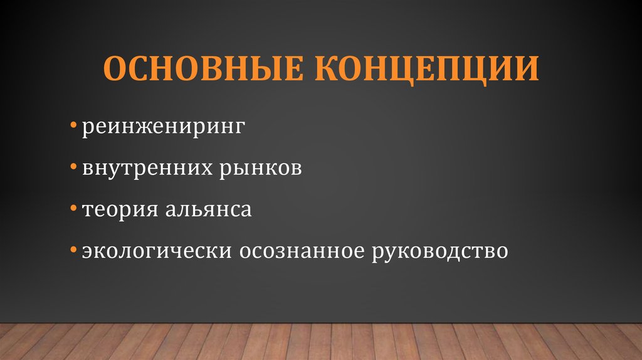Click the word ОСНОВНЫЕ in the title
click(199, 69)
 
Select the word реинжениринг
click(160, 127)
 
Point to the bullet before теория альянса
click(73, 209)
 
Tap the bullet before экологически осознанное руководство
click(73, 250)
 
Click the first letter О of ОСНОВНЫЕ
click(115, 69)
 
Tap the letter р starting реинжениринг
click(85, 129)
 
